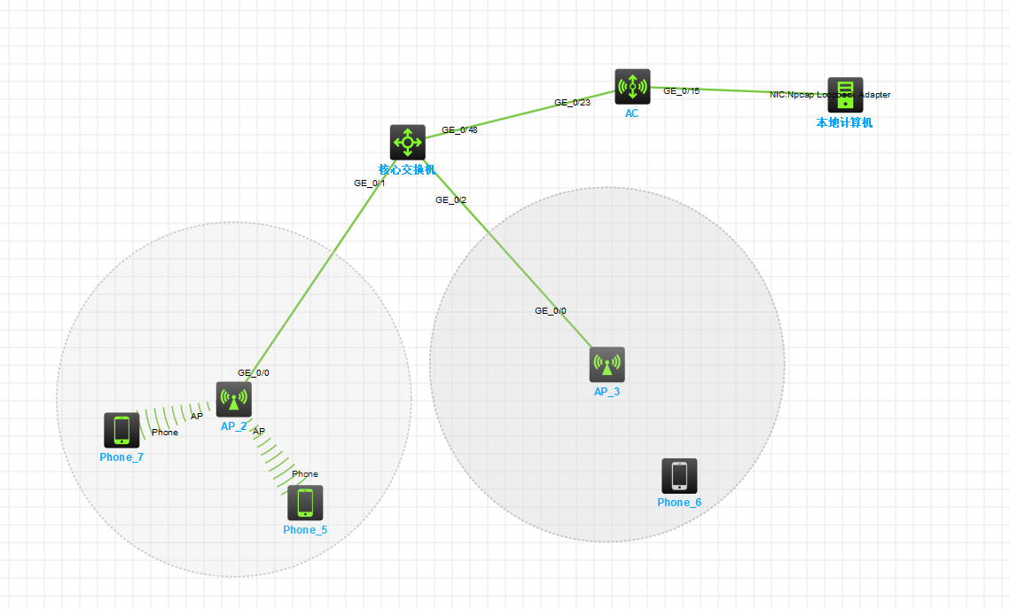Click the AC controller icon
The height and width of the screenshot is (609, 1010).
(x=632, y=87)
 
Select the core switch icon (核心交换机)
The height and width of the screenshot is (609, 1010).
(x=407, y=142)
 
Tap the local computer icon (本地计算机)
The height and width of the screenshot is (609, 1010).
(x=845, y=95)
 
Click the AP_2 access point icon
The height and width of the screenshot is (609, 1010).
(x=234, y=399)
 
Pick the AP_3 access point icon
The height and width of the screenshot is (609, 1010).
(x=607, y=364)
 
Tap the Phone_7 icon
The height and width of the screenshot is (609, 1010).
(x=121, y=430)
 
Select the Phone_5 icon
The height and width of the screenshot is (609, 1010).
(x=305, y=503)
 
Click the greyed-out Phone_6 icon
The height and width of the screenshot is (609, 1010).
(x=679, y=476)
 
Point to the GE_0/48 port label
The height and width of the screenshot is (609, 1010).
(x=459, y=130)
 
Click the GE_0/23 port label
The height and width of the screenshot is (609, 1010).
(x=572, y=102)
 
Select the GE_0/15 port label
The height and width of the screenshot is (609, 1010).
(x=681, y=90)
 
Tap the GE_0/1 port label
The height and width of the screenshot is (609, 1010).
(x=369, y=183)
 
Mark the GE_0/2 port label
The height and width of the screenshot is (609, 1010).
(x=450, y=200)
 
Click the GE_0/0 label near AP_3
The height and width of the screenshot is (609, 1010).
(x=550, y=311)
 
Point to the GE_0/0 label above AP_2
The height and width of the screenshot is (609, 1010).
(x=253, y=373)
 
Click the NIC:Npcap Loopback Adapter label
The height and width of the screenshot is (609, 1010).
(x=829, y=95)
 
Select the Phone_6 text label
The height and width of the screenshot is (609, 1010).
(x=679, y=503)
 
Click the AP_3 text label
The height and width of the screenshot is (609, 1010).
(x=607, y=392)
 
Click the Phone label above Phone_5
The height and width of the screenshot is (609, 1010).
(x=304, y=474)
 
